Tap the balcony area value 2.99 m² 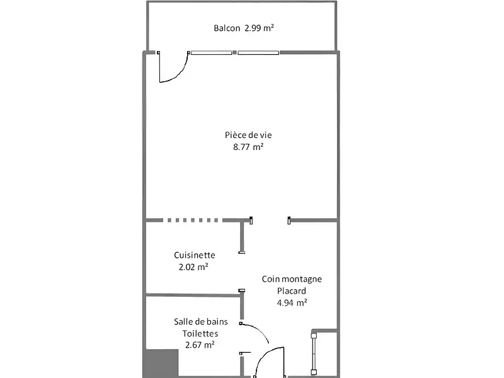[259, 28]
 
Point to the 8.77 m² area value [248, 147]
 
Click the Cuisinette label [195, 255]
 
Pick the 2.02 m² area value [194, 267]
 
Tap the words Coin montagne [292, 279]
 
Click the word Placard [292, 291]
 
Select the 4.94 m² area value [292, 303]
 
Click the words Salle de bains [201, 321]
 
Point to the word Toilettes [200, 333]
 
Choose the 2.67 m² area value [200, 345]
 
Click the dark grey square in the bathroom [163, 364]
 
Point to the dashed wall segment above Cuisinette [192, 220]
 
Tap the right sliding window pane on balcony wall [258, 52]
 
